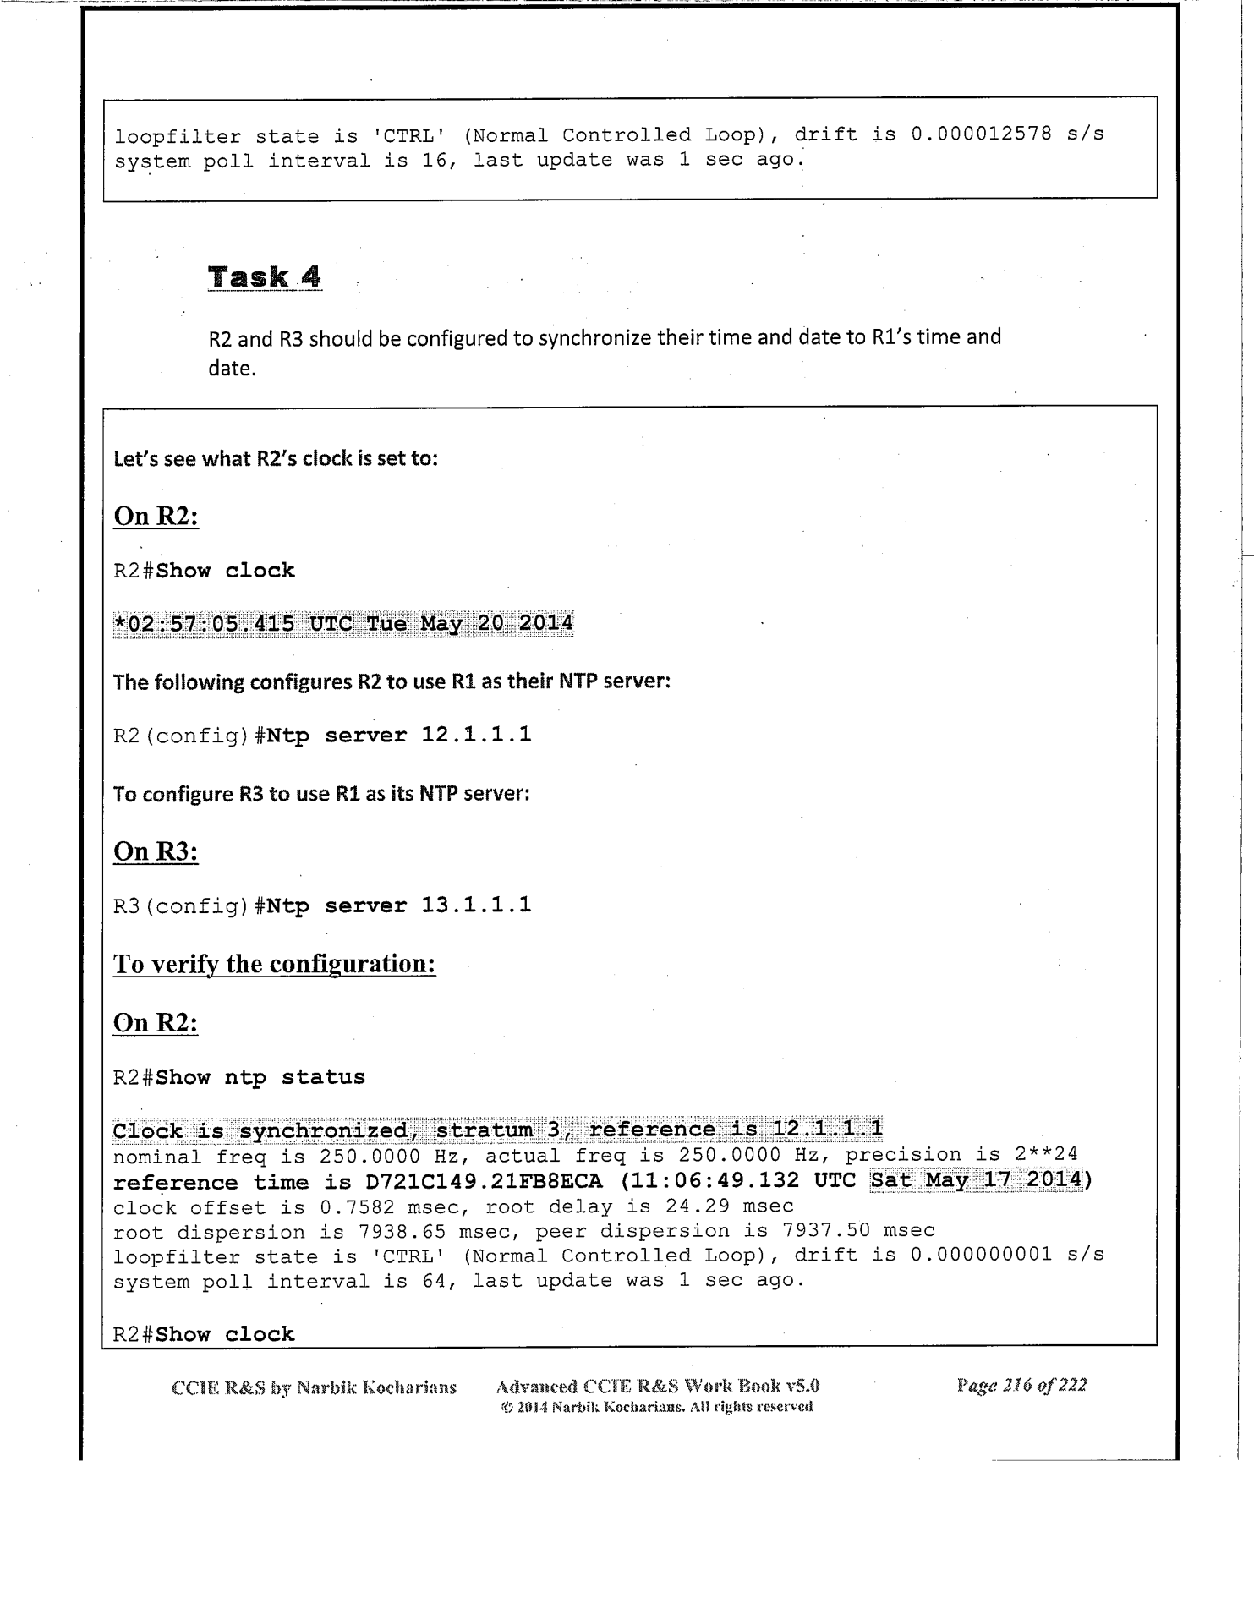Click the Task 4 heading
tap(265, 276)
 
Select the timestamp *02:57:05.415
tap(204, 624)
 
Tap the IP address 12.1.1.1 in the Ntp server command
tap(477, 735)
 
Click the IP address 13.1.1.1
tap(477, 905)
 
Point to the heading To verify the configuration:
tap(275, 964)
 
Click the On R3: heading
tap(156, 851)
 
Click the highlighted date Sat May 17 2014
tap(977, 1179)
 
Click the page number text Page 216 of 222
tap(1021, 1385)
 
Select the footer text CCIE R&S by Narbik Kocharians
tap(314, 1387)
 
